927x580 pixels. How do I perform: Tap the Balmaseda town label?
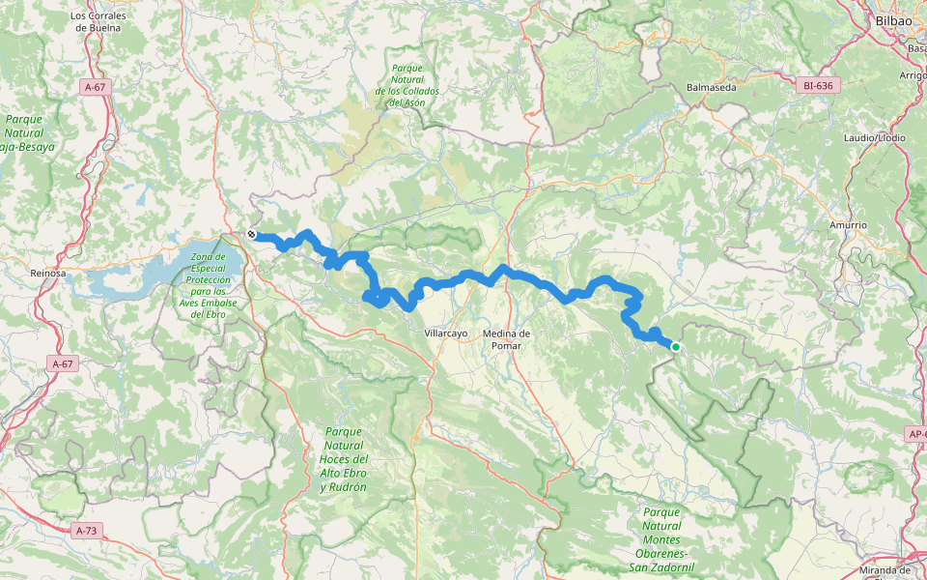click(x=711, y=87)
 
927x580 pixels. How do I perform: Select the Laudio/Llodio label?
click(x=878, y=138)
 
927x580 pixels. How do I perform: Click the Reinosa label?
click(x=47, y=274)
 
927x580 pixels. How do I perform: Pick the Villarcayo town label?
click(x=446, y=333)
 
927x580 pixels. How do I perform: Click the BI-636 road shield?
click(x=817, y=86)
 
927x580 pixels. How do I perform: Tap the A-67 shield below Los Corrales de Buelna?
click(x=94, y=87)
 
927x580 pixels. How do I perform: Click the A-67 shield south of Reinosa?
click(x=62, y=363)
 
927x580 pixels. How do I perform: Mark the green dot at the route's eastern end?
click(x=676, y=347)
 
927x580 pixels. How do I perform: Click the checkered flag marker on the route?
click(x=251, y=234)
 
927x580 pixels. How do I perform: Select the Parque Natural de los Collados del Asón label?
click(x=400, y=85)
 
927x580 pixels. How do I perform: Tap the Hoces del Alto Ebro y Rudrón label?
click(x=344, y=459)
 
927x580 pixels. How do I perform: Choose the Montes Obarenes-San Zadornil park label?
click(x=661, y=539)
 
